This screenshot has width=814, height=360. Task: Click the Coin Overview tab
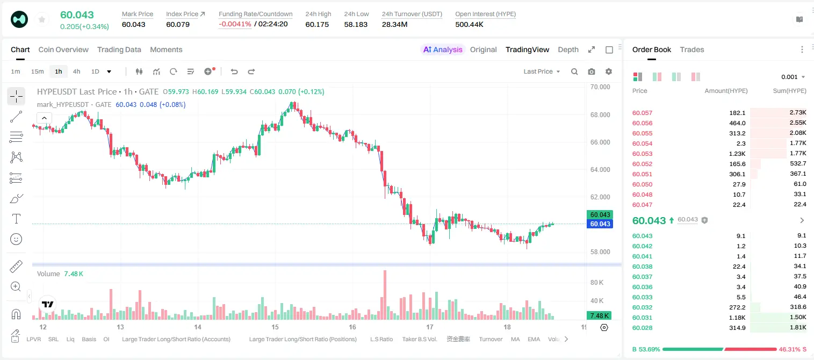click(x=63, y=49)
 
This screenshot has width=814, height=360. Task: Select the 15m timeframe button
click(x=37, y=71)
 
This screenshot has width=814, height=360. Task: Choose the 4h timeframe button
click(x=76, y=71)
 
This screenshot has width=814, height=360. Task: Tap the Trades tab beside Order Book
click(x=692, y=49)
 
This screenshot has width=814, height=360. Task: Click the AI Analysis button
click(x=443, y=49)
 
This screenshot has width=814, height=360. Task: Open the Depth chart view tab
click(x=568, y=49)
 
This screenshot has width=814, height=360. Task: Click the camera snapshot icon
click(x=592, y=71)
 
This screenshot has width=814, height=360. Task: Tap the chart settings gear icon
click(x=609, y=71)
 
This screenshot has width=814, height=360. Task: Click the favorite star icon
click(x=42, y=19)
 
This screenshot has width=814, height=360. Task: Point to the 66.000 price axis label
click(x=600, y=142)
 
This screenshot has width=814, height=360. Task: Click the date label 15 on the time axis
click(x=275, y=327)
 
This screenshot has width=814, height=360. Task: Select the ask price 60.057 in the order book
click(x=642, y=113)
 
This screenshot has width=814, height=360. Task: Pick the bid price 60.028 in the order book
click(x=642, y=328)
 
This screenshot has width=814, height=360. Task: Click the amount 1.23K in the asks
click(x=737, y=154)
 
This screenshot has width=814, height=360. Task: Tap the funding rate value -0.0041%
click(x=235, y=24)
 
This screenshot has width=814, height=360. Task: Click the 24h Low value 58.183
click(x=356, y=24)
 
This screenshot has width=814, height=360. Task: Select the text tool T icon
click(x=16, y=219)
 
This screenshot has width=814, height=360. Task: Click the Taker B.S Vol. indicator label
click(x=419, y=339)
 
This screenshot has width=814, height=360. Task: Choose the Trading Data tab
click(x=119, y=49)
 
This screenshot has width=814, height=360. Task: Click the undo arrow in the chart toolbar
click(x=234, y=71)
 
